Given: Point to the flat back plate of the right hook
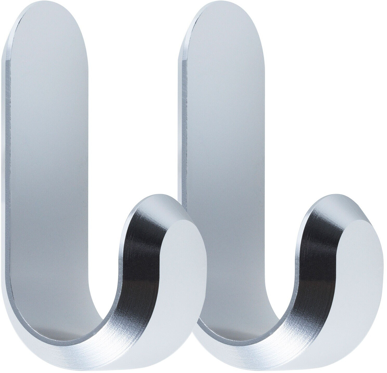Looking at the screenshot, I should coord(224,130).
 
